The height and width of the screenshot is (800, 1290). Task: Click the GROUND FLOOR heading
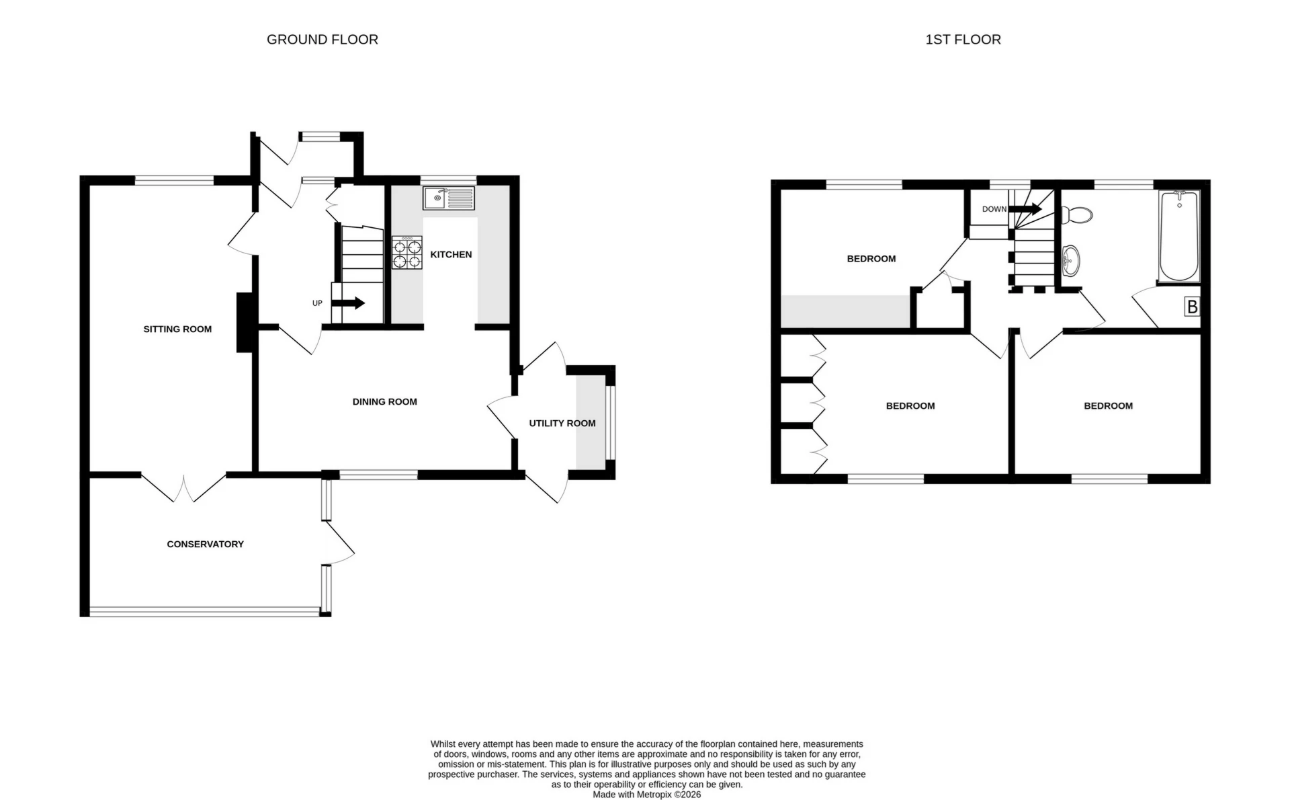322,40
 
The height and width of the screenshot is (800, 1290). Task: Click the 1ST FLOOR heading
963,40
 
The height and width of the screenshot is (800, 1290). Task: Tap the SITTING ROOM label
177,329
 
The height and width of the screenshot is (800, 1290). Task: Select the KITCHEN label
451,254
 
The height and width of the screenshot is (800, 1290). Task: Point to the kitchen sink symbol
448,198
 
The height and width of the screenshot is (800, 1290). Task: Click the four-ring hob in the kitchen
407,253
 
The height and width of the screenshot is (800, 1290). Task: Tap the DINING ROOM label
384,401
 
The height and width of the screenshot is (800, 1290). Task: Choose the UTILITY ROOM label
562,423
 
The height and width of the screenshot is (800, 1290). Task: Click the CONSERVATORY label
205,544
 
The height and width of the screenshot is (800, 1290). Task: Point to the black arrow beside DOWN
1025,209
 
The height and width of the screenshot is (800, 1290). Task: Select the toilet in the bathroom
1076,215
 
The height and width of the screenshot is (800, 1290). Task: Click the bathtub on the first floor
1179,235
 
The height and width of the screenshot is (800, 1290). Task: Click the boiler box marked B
1192,307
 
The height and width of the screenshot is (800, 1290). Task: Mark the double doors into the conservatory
183,487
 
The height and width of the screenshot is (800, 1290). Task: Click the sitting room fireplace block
245,323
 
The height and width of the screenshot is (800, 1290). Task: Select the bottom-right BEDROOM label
1108,405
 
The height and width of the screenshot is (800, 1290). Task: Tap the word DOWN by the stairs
994,209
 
